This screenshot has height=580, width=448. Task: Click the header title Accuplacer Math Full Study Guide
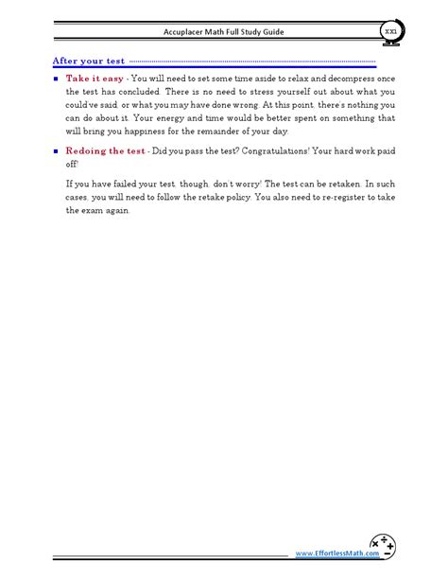[223, 32]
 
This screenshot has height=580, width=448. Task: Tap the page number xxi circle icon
[390, 31]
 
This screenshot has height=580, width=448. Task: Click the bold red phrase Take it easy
[95, 78]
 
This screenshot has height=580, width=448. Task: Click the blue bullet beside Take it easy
[56, 78]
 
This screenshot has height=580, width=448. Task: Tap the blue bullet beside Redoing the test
[56, 150]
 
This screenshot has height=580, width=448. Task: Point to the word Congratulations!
[267, 150]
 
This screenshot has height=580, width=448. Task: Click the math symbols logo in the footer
[383, 546]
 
